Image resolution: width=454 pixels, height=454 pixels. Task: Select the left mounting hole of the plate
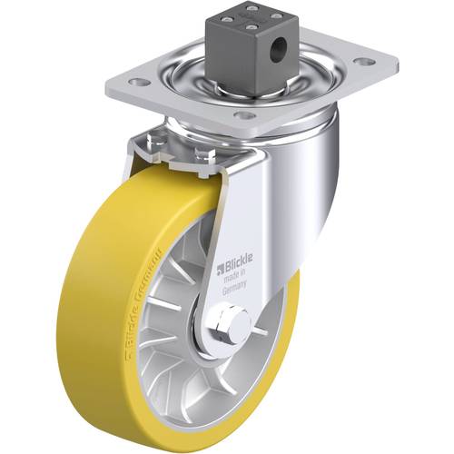coord(139,82)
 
